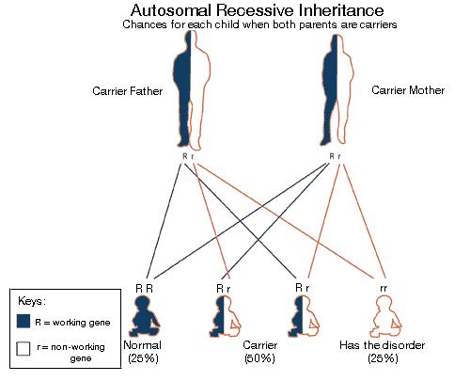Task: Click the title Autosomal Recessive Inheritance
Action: point(258,10)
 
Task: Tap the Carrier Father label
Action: point(128,91)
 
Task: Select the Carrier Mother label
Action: point(408,90)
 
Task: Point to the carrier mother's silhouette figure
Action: point(337,90)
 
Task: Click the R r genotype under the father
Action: point(188,156)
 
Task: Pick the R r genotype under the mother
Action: point(335,156)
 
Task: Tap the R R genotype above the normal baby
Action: point(145,288)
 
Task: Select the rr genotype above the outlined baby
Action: point(384,288)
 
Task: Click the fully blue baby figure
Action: point(145,316)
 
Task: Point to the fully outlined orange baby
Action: point(385,316)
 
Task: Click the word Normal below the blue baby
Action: point(143,345)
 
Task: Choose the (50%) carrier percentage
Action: point(259,358)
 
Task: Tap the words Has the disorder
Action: point(383,345)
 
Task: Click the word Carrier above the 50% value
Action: point(260,345)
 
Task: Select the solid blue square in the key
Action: point(23,322)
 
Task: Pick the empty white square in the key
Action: point(23,349)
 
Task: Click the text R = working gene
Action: point(72,323)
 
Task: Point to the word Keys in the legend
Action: point(32,301)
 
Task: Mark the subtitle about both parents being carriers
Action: point(259,24)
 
